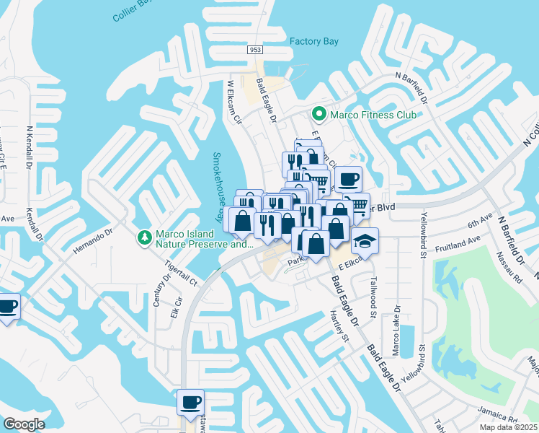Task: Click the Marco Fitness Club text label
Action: tap(373, 114)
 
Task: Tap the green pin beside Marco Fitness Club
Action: tap(318, 114)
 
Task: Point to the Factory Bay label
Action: tap(314, 41)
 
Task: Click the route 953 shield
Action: tap(254, 49)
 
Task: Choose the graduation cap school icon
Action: tap(365, 242)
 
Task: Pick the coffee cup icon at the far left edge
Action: tap(8, 307)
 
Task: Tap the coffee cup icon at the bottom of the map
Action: tap(190, 402)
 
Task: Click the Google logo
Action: tap(24, 424)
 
